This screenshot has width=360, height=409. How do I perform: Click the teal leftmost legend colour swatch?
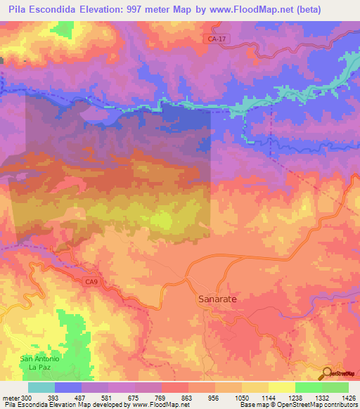pyautogui.click(x=41, y=387)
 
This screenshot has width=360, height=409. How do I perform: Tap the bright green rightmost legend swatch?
pyautogui.click(x=335, y=387)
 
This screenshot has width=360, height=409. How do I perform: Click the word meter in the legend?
pyautogui.click(x=11, y=397)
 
